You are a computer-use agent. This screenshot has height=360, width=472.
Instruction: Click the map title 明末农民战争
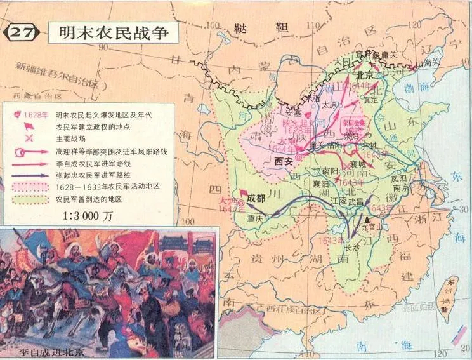114,32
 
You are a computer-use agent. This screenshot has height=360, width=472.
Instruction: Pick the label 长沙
351,249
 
